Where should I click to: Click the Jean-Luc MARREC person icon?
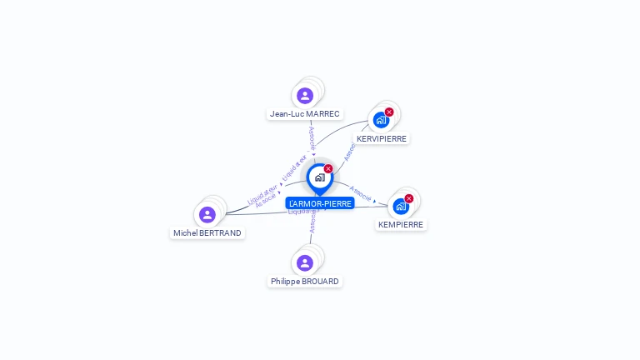click(305, 96)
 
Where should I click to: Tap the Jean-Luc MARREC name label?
click(305, 113)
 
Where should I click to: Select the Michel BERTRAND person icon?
click(207, 215)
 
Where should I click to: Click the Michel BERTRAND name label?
click(207, 233)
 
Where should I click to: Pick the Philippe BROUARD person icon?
click(305, 263)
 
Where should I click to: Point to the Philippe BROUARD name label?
click(305, 282)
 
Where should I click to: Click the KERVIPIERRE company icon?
click(381, 120)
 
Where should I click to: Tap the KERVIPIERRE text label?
click(382, 138)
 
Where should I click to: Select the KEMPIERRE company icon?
click(401, 206)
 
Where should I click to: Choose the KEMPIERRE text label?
click(401, 225)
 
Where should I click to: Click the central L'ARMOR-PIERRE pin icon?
click(319, 177)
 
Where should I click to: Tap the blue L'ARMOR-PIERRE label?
click(320, 203)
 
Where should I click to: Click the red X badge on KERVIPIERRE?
click(389, 112)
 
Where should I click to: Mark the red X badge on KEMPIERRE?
click(409, 198)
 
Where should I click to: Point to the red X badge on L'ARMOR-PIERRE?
click(328, 169)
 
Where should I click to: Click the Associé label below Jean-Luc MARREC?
click(311, 137)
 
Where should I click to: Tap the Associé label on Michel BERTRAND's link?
click(266, 200)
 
